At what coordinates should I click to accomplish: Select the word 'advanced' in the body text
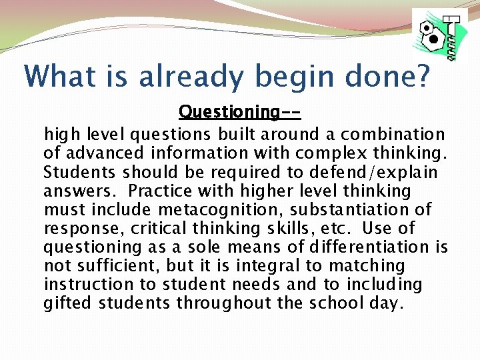(x=97, y=154)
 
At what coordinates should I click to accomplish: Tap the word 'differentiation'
(x=365, y=247)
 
